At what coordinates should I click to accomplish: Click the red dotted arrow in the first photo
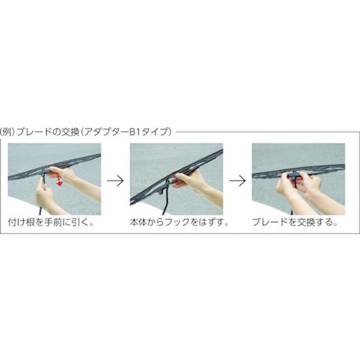(59, 180)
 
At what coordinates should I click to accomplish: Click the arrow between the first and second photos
(115, 181)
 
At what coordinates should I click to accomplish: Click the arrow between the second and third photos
(237, 181)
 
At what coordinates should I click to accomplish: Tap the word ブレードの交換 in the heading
(48, 132)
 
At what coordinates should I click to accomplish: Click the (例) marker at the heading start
(8, 132)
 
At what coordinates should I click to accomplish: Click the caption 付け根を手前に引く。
(51, 222)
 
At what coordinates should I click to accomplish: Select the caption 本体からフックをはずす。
(179, 222)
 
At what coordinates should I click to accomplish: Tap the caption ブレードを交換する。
(295, 222)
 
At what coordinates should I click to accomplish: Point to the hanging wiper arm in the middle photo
(166, 197)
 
